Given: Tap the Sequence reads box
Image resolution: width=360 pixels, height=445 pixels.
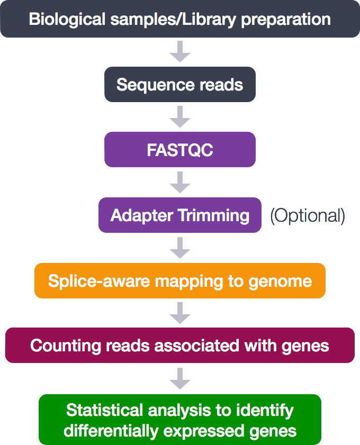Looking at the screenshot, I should (179, 85).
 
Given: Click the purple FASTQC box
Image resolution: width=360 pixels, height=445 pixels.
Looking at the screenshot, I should (179, 150).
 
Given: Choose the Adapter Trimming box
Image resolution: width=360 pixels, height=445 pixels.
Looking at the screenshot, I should (179, 215).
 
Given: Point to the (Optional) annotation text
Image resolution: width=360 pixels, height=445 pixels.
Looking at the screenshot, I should (308, 216).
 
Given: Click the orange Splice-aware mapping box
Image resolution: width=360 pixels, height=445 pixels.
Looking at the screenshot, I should (179, 280).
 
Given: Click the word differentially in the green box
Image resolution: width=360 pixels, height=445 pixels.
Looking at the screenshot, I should (111, 431).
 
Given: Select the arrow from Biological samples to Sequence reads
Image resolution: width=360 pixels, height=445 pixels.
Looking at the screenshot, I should (179, 51).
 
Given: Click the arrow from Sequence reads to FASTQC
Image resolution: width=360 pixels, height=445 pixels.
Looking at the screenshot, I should (179, 116).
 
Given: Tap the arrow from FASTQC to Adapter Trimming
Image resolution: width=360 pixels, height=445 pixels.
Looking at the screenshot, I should (179, 182).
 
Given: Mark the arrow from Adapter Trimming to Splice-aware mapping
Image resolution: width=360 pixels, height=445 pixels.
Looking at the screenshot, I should (179, 247).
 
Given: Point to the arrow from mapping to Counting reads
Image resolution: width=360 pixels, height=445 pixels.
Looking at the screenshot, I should (179, 313).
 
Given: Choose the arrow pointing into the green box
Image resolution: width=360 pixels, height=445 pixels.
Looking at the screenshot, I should (179, 378).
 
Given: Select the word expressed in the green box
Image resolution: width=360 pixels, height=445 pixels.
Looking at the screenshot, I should (206, 431).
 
